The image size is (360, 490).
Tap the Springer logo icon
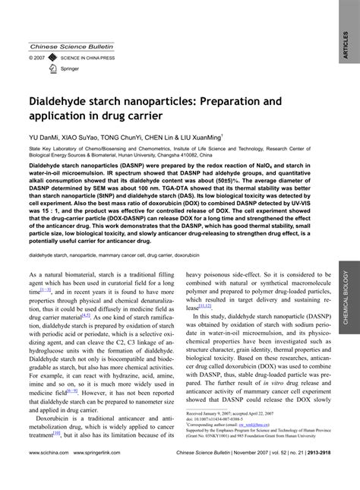52,68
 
